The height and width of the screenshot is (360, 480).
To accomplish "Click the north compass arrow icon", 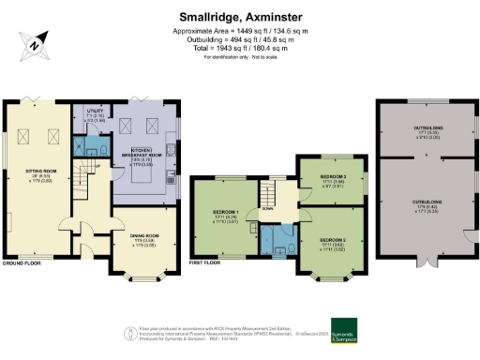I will pyautogui.click(x=35, y=43).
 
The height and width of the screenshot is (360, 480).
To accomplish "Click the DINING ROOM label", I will pyautogui.click(x=138, y=235).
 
